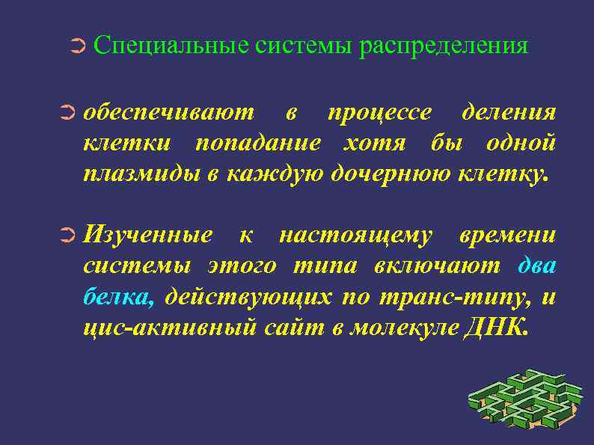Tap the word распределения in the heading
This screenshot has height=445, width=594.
[x=443, y=46]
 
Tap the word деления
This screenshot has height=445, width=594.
[x=509, y=113]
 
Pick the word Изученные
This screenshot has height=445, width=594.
[x=147, y=236]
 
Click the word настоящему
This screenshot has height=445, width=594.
[x=355, y=236]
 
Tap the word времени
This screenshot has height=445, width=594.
[x=507, y=236]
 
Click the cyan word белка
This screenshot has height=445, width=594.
[x=117, y=297]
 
